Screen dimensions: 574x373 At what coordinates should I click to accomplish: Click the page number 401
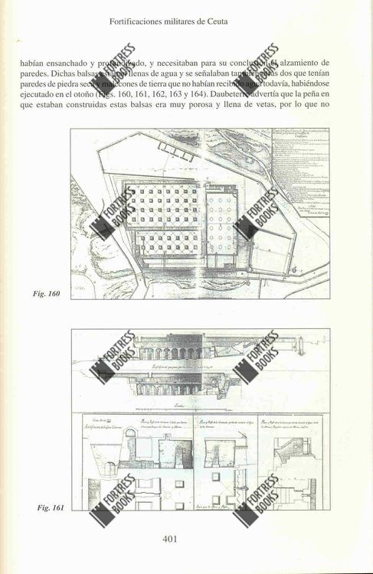click(171, 539)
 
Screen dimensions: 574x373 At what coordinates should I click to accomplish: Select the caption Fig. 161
click(50, 507)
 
